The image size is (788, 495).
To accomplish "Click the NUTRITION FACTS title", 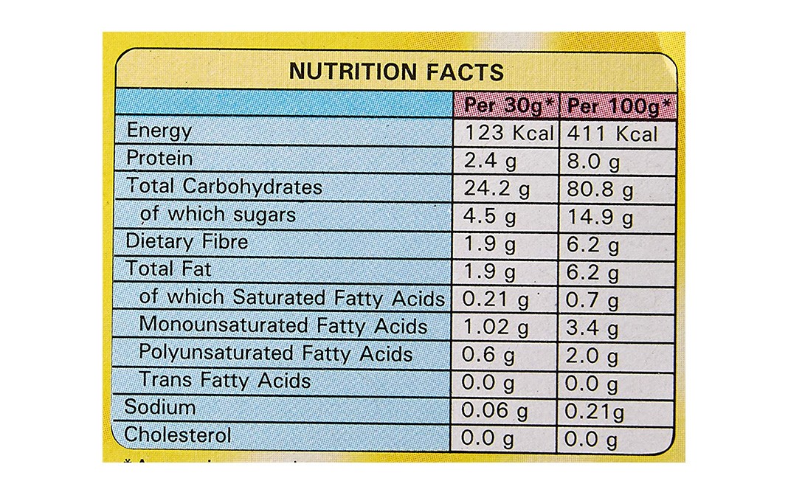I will click(396, 72).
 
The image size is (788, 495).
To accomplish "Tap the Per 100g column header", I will click(618, 107).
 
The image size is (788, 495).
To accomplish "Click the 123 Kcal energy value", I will click(508, 134).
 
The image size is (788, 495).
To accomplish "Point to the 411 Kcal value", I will click(611, 134).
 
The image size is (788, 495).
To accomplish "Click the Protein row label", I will click(159, 158).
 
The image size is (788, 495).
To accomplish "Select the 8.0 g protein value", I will click(593, 162).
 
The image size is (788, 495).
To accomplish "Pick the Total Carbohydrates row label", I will click(224, 186).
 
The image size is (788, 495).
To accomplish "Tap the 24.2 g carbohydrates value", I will click(497, 189).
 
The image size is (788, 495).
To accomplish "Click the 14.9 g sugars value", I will click(599, 217).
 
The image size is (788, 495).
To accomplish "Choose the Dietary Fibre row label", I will click(187, 241).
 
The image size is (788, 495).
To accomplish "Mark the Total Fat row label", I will click(169, 269).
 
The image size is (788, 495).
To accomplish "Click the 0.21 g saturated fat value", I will click(496, 300).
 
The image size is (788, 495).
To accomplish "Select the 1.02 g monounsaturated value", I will click(496, 328).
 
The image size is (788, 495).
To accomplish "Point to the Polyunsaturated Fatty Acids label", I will click(275, 353).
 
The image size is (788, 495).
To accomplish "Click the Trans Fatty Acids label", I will click(225, 381).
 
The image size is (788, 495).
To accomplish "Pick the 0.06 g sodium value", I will click(496, 410).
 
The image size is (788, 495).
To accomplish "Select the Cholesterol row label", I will click(178, 435).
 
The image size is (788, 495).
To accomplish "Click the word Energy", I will click(159, 131).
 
